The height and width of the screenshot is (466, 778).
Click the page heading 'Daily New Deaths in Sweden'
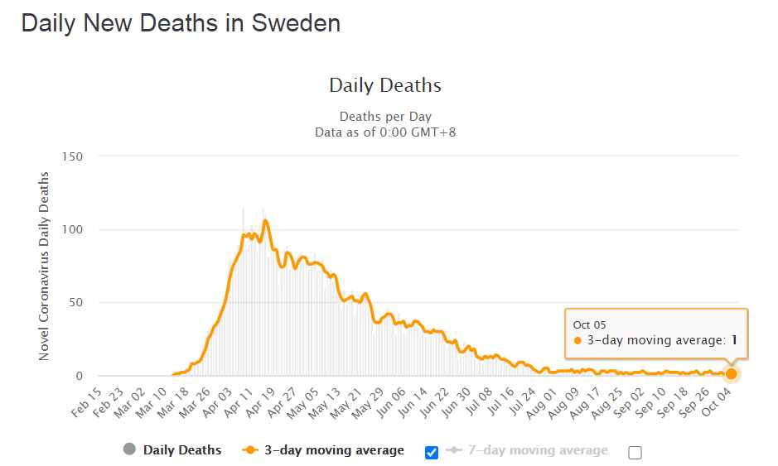(181, 23)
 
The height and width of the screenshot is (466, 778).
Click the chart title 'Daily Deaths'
(385, 85)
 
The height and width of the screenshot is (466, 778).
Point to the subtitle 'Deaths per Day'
(385, 117)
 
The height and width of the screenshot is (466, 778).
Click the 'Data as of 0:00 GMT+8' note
(385, 132)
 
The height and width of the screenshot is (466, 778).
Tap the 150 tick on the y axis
(72, 156)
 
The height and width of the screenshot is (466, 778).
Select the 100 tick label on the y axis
(72, 229)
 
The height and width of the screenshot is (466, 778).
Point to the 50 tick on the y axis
(75, 302)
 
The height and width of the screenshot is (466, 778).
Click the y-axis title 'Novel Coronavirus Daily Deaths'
(45, 266)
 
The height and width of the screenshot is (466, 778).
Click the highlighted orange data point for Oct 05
(731, 373)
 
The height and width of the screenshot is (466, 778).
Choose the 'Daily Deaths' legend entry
(181, 450)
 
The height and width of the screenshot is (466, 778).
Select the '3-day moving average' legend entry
(332, 450)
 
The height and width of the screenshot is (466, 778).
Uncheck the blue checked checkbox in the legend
(431, 452)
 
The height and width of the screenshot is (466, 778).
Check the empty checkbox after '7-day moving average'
(635, 452)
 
